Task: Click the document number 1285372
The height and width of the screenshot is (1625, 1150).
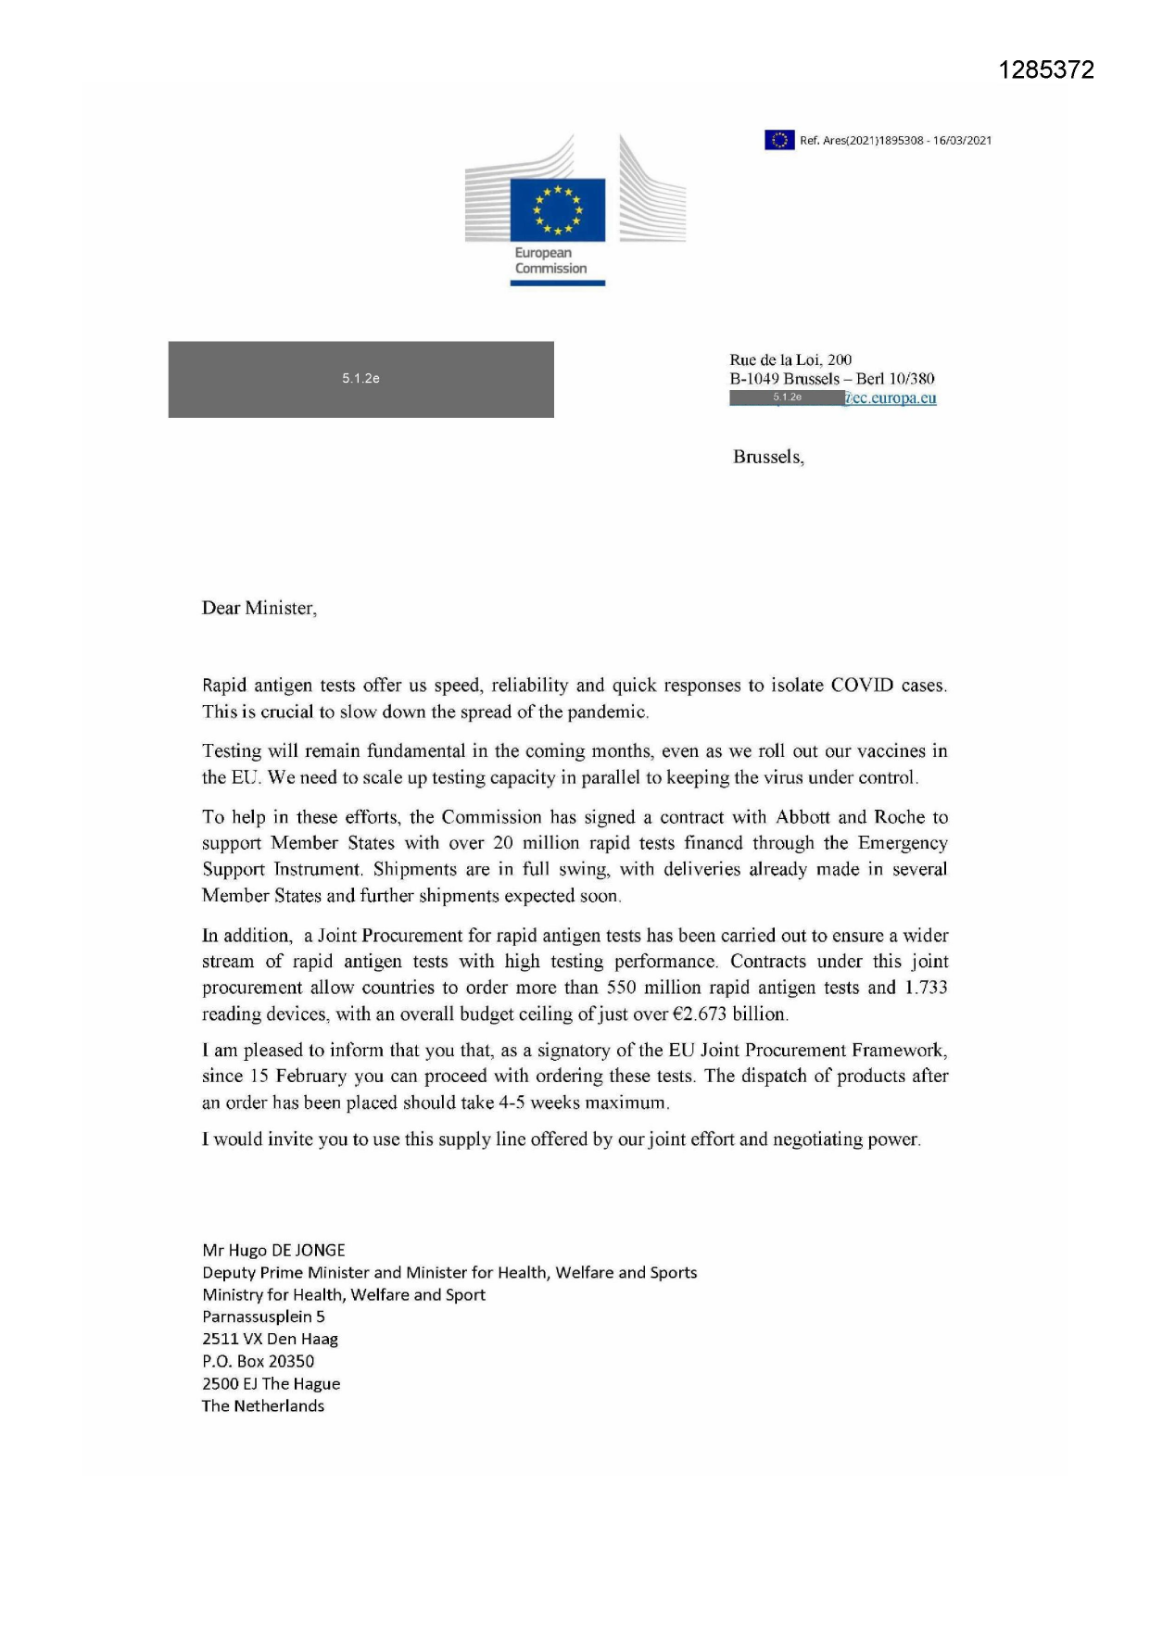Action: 1046,70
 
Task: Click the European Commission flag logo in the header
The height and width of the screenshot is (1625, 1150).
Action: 557,209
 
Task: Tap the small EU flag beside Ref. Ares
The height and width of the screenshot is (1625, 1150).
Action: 779,140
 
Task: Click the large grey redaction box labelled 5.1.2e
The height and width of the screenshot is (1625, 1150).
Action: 360,379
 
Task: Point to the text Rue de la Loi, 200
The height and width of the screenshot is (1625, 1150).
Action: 790,359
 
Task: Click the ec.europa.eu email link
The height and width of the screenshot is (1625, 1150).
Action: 891,398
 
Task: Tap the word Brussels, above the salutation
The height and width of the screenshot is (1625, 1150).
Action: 768,457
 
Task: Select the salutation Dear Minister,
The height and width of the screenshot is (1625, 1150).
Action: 259,609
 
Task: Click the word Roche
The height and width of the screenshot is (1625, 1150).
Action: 899,817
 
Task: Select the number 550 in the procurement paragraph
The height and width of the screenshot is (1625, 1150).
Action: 621,988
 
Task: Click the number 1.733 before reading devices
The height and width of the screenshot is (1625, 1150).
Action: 926,988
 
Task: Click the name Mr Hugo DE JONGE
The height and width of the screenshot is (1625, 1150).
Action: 273,1251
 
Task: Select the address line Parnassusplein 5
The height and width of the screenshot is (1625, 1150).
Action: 263,1316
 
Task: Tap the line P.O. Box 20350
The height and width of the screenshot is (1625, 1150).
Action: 258,1361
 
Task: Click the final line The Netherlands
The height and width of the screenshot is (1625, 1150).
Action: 263,1405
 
